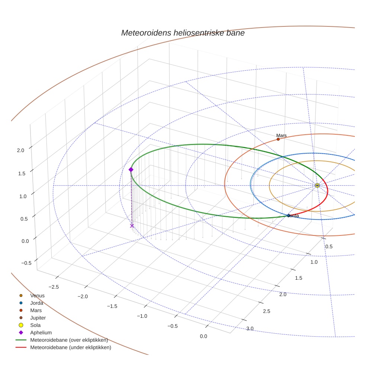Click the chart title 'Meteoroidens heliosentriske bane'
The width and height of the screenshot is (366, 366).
pos(183,33)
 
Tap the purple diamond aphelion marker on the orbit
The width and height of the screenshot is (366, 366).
pos(131,170)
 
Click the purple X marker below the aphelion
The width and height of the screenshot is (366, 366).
pos(132,226)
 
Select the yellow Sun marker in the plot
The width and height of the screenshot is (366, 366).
pos(317,185)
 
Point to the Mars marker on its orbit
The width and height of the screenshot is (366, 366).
pos(278,139)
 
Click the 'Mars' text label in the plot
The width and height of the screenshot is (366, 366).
pos(282,135)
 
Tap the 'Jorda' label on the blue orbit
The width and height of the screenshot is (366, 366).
pos(293,216)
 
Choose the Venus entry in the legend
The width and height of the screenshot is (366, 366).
pos(37,296)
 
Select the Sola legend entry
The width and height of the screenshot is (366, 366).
pos(36,325)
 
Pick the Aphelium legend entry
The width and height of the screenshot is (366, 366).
pos(41,333)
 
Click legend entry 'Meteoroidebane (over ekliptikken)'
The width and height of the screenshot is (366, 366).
pos(69,340)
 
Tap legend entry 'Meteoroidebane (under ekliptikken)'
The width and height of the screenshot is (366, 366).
pos(70,348)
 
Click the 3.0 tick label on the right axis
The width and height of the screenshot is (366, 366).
pos(250,328)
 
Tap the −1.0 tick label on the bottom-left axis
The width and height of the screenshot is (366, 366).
pos(142,316)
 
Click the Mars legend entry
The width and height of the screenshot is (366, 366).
pos(36,311)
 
